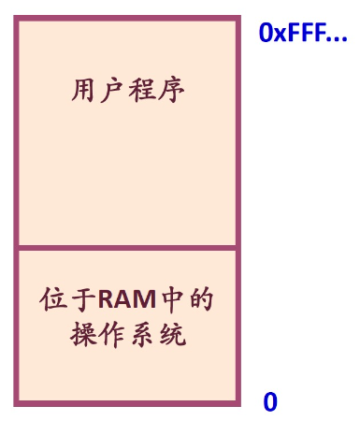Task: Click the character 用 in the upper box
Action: click(x=84, y=92)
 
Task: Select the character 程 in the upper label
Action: click(x=142, y=92)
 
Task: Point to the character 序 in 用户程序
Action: click(x=171, y=92)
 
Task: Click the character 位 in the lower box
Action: click(x=54, y=301)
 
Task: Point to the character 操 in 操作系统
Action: click(x=84, y=335)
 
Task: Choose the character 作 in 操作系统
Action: click(x=113, y=335)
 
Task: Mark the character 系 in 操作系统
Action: click(x=142, y=335)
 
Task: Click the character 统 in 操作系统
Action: click(x=171, y=335)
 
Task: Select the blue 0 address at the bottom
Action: click(x=270, y=402)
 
